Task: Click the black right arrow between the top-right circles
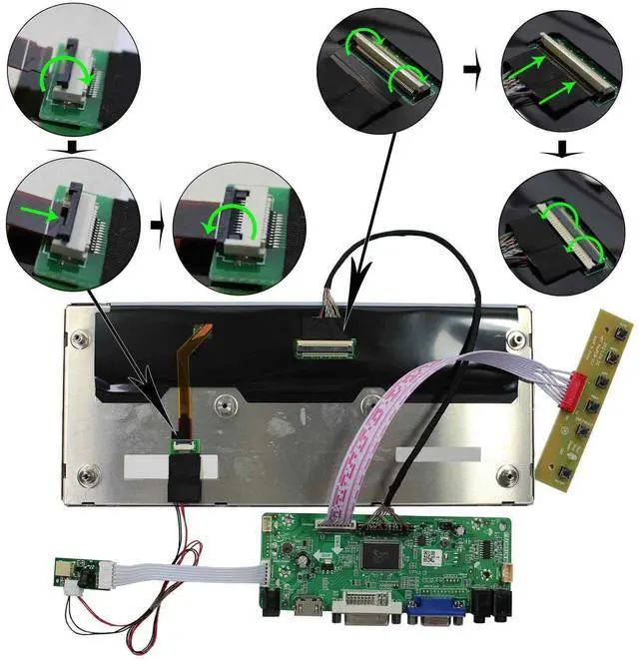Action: pyautogui.click(x=470, y=72)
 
